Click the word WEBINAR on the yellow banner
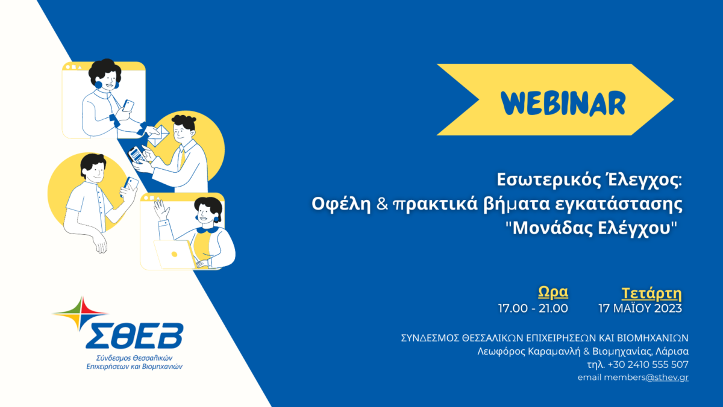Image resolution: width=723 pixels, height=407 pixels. click(563, 102)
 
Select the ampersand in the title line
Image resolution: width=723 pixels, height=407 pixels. click(382, 204)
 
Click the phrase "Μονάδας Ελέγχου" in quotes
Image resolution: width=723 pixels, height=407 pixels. click(591, 228)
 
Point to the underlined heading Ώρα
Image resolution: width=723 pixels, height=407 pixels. click(553, 292)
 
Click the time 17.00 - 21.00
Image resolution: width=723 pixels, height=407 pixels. click(533, 308)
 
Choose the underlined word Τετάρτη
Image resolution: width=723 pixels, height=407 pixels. click(652, 293)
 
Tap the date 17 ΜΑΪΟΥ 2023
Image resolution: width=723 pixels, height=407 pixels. click(640, 308)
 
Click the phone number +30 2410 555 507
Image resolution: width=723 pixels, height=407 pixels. click(648, 364)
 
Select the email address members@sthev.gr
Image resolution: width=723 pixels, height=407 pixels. click(646, 377)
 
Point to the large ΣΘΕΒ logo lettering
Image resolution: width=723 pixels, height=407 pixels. click(134, 336)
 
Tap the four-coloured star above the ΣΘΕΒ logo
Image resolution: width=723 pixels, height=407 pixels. click(81, 314)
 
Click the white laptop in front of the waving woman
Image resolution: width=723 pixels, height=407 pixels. click(175, 255)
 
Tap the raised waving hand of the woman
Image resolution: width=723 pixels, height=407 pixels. click(161, 210)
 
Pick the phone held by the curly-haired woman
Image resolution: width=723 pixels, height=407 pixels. click(128, 106)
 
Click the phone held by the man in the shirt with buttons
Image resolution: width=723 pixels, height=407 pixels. click(130, 186)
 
